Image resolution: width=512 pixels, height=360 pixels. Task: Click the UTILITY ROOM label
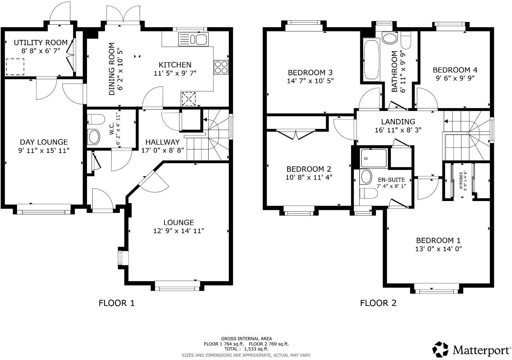pos(41,42)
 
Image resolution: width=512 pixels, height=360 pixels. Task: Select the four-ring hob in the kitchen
pos(221,67)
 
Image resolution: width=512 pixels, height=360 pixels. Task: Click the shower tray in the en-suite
pos(374,158)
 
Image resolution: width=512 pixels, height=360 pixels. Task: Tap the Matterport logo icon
pos(441,349)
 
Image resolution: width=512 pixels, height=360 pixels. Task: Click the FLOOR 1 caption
pos(116,303)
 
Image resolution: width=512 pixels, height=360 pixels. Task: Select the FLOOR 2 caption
pos(378,303)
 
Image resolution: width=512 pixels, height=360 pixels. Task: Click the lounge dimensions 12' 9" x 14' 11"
pos(179,231)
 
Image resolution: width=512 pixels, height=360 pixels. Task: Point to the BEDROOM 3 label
pos(310,72)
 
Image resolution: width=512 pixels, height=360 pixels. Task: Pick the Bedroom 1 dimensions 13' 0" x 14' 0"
pos(438,249)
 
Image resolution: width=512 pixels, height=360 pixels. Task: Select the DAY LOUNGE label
pos(43,142)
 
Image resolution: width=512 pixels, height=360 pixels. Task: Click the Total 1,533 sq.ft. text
pos(246,349)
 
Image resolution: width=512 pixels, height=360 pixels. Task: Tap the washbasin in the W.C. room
pos(94,137)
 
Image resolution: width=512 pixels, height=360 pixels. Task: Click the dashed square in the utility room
pos(15,66)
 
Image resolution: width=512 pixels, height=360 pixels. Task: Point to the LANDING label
pos(398,122)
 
